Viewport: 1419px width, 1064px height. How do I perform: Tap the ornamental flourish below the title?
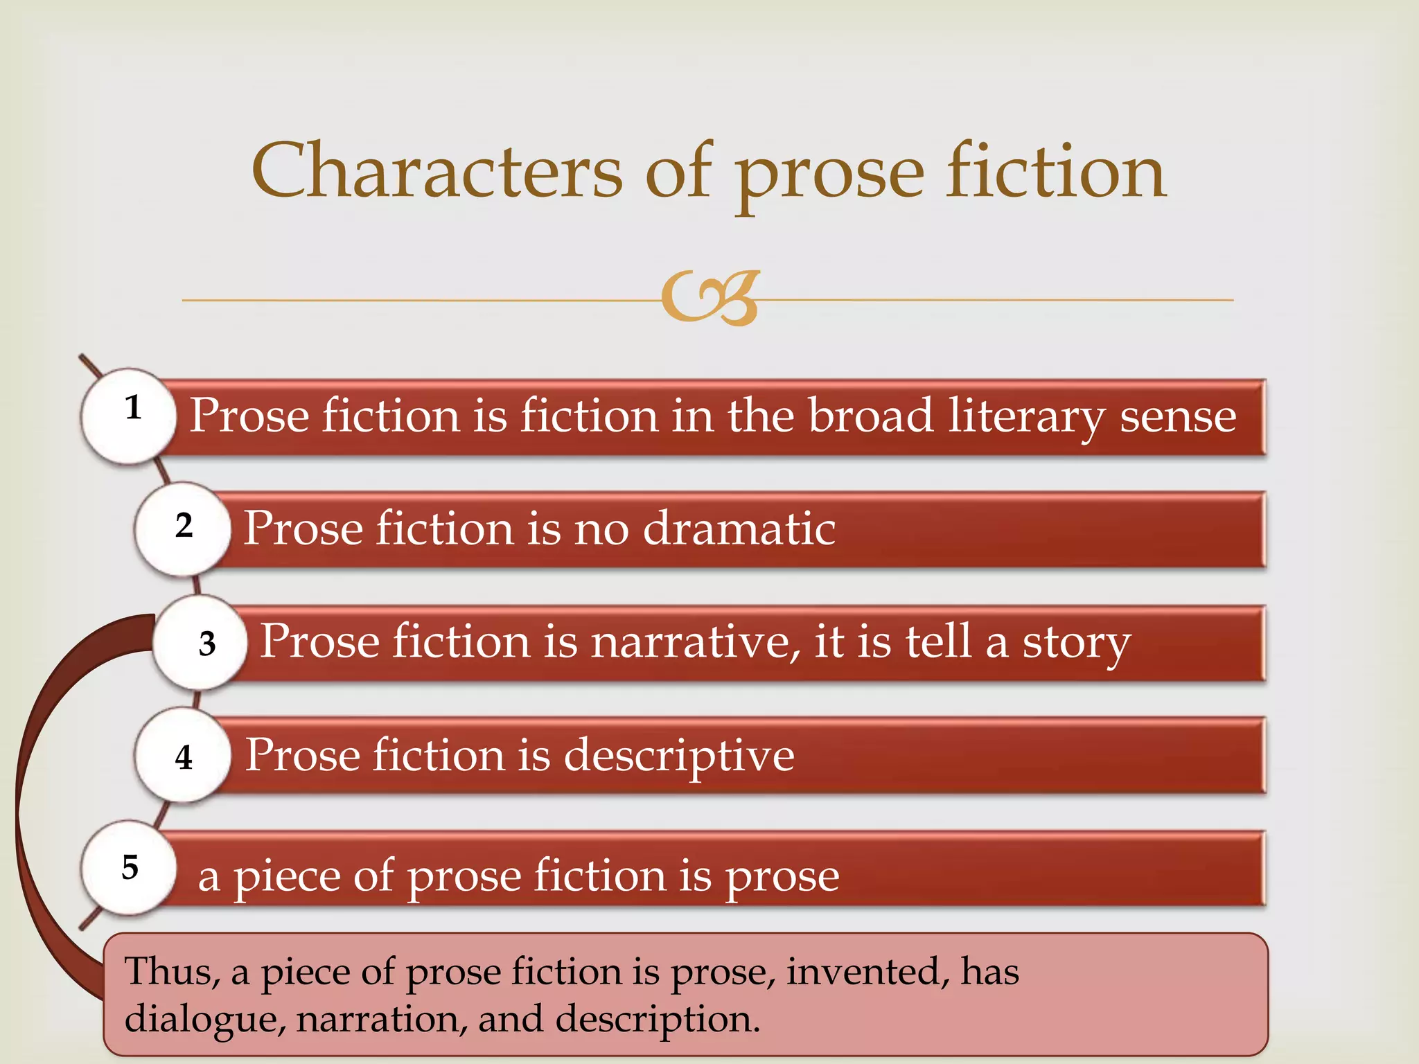710,298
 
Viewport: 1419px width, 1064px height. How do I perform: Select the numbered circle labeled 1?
130,415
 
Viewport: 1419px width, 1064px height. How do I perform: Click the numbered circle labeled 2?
182,529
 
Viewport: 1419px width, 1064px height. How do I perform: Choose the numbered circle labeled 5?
130,868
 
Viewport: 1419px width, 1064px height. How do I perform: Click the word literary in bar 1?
1026,417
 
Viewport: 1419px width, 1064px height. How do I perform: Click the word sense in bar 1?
1178,417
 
